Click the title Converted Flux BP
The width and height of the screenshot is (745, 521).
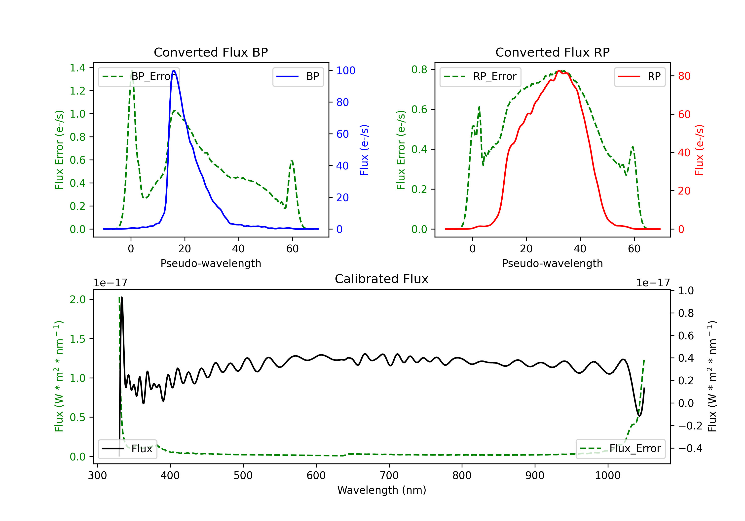pos(211,52)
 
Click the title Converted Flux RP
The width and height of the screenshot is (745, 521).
pos(552,52)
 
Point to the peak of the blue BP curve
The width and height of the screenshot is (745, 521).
pos(174,70)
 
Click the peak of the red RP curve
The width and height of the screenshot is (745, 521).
pos(559,71)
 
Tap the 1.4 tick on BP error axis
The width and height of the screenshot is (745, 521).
pos(77,68)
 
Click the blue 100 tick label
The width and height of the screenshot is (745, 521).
pos(346,71)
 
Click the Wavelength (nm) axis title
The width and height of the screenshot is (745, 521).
pos(382,490)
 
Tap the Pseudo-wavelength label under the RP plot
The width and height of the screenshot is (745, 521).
pos(552,263)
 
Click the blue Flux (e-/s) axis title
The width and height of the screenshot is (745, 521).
pos(364,150)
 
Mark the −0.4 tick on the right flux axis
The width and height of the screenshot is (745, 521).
pos(690,448)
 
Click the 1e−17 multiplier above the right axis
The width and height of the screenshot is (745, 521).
pos(653,283)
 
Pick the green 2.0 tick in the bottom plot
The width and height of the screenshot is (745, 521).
pos(77,299)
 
